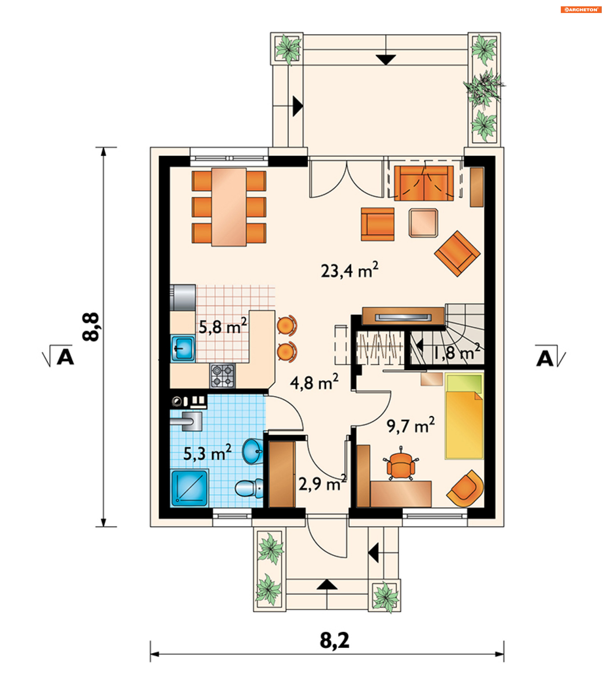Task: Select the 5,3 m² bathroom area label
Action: (207, 453)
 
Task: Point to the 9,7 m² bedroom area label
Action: (410, 425)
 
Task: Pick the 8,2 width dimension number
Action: (334, 641)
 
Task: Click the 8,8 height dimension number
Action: (91, 327)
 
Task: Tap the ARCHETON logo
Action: (581, 10)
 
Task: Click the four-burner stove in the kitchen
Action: (222, 376)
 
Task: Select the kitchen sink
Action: (183, 348)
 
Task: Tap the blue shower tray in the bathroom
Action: (189, 488)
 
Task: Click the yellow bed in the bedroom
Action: (464, 416)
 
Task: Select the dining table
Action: (229, 207)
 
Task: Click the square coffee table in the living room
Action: (423, 223)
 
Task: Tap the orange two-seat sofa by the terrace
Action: (424, 183)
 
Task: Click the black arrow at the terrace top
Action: (386, 60)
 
